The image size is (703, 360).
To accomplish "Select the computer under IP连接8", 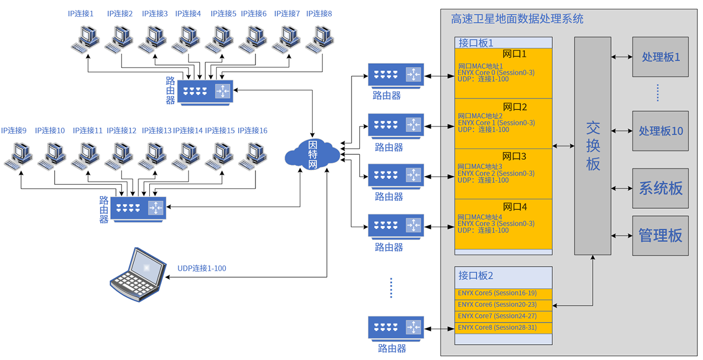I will [x=320, y=39].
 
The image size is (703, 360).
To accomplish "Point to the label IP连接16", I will [x=252, y=131].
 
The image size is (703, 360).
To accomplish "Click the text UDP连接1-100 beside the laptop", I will [x=202, y=269].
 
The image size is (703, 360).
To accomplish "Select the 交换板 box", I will [x=593, y=146].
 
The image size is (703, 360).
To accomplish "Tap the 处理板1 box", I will [x=661, y=57].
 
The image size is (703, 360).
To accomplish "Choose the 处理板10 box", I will [x=661, y=131].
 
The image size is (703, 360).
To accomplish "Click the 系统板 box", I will [x=661, y=188].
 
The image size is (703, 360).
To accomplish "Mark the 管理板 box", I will [x=661, y=236].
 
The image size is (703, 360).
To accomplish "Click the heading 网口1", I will [x=514, y=54].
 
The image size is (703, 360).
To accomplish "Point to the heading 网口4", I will [x=514, y=207].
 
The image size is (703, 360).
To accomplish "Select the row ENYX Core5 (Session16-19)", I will [x=503, y=293].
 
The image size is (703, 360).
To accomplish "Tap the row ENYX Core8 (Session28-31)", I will [x=503, y=327].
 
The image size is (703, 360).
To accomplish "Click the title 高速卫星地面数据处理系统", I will [x=517, y=19].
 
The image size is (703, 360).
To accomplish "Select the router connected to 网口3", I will [x=396, y=175].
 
